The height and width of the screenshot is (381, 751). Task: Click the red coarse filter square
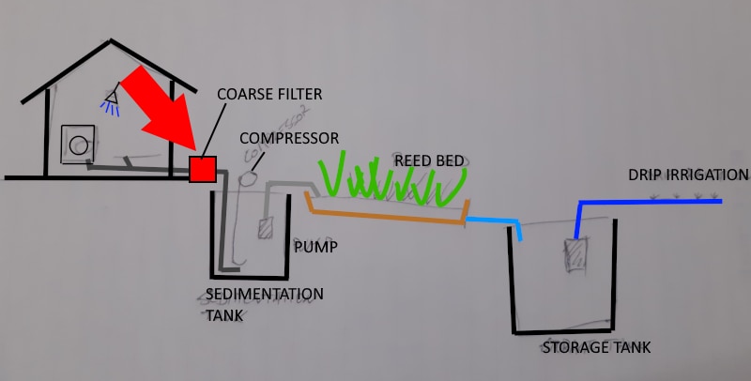click(203, 169)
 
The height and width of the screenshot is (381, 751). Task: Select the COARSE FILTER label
click(269, 94)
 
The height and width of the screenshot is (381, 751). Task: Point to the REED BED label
click(429, 160)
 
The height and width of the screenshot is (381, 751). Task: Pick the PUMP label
click(314, 248)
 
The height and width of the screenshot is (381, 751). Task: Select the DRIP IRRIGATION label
click(690, 175)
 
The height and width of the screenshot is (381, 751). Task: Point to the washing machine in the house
click(78, 144)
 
